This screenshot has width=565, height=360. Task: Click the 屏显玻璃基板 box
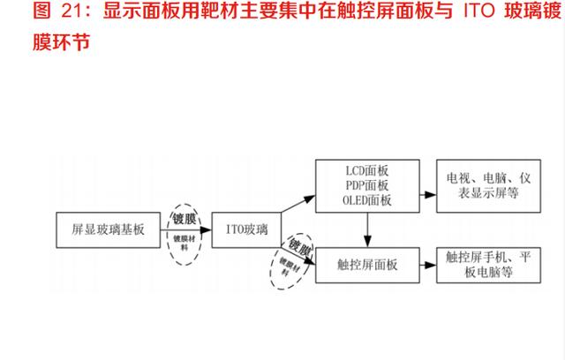pos(108,229)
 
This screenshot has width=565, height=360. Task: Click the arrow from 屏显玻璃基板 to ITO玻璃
pos(186,229)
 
